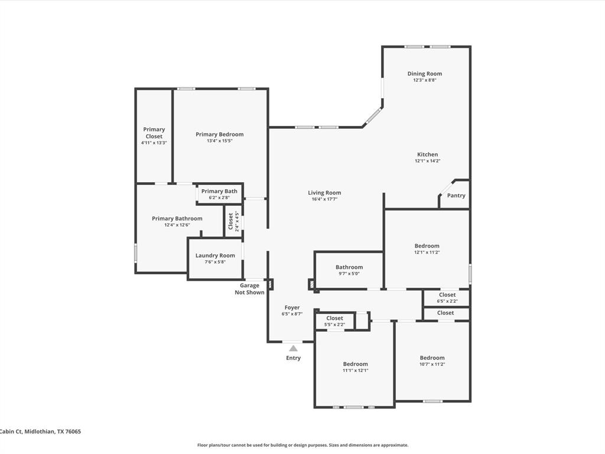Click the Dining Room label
tap(424, 73)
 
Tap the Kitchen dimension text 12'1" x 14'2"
tap(428, 161)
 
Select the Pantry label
tap(456, 195)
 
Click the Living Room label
tap(324, 193)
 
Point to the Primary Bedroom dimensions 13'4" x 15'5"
tap(220, 141)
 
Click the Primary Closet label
tap(154, 133)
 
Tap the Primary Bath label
tap(219, 191)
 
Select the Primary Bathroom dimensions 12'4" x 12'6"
tap(177, 225)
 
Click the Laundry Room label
tap(215, 255)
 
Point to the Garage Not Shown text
tap(250, 288)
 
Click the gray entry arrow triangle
tap(294, 348)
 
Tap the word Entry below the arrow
tap(293, 358)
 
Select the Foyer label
tap(292, 307)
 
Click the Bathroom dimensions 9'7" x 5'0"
tap(349, 274)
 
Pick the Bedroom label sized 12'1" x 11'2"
tap(427, 245)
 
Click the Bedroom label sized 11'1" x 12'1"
tap(355, 364)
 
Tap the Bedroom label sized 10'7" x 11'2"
tap(432, 358)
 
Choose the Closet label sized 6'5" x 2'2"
tap(447, 294)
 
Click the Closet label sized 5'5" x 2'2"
tap(334, 318)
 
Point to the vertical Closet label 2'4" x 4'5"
tap(231, 221)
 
